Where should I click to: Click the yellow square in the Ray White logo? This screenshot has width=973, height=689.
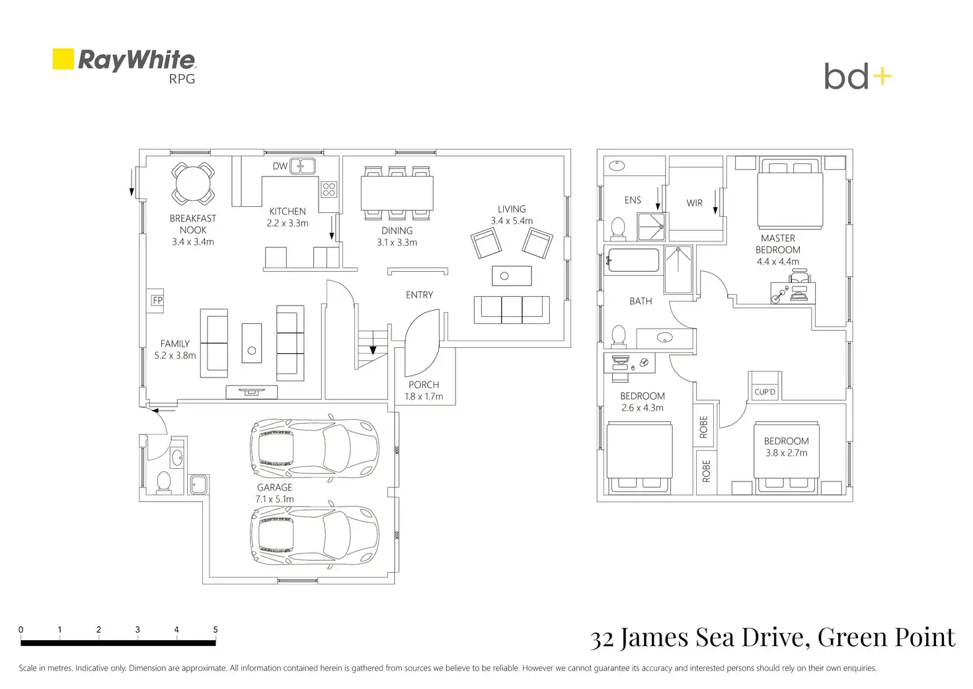pos(63,59)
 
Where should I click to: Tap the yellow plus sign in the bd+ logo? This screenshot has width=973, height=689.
pos(882,77)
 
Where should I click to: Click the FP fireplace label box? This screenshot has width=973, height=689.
pos(157,300)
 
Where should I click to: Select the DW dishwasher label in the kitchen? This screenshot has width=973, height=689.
pos(280,166)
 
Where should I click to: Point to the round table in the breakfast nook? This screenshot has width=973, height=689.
pos(193,183)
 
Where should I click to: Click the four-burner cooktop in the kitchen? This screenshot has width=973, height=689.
pos(329,189)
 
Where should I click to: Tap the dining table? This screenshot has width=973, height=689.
pos(397,193)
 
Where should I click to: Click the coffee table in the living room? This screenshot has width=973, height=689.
pos(512,276)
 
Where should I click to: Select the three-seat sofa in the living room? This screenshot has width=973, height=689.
pos(512,309)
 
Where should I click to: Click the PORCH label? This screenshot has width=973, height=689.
pos(424,385)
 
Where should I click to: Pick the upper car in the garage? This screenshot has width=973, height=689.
pos(314,448)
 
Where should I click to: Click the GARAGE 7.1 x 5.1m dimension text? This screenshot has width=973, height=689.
pos(274,493)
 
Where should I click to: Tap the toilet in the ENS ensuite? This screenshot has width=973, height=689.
pos(618,229)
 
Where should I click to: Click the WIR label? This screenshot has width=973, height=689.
pos(694,203)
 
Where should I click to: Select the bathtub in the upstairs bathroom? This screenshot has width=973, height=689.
pos(634,261)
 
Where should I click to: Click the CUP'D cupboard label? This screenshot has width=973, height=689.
pos(765,392)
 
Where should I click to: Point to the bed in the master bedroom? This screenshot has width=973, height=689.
pos(790,193)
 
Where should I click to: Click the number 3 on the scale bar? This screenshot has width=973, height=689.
pos(137,629)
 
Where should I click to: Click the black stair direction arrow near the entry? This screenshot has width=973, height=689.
pos(373,350)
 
